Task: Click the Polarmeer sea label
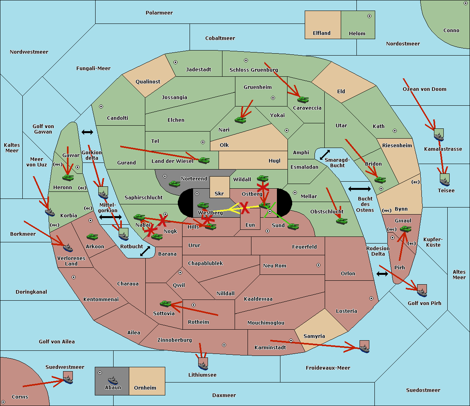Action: [159, 13]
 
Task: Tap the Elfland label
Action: [322, 33]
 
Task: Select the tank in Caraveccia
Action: [303, 100]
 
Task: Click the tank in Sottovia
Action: [166, 304]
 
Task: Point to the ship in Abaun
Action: [113, 381]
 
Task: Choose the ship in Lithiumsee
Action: [203, 366]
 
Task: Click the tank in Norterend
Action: [174, 184]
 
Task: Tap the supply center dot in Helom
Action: [369, 16]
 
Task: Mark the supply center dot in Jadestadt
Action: [175, 62]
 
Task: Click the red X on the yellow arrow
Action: [245, 208]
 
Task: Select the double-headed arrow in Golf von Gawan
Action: [87, 132]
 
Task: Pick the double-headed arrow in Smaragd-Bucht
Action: [325, 155]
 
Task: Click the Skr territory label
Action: [219, 193]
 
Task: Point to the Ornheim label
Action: [145, 388]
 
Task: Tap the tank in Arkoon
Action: [92, 237]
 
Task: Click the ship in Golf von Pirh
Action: [422, 292]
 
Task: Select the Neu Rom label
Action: [275, 265]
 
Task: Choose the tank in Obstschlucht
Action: [342, 221]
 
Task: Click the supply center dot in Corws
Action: [3, 402]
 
